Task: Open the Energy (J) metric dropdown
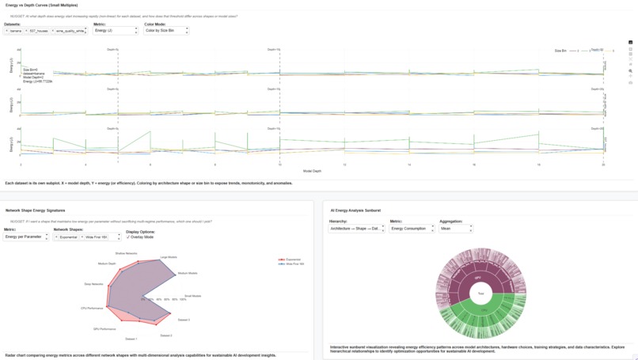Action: point(116,31)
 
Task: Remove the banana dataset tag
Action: point(7,31)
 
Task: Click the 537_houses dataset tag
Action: point(39,31)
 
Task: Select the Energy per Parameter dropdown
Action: point(26,237)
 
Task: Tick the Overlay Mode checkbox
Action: point(128,237)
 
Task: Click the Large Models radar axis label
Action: point(169,257)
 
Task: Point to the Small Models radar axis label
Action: point(192,296)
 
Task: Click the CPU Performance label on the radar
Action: point(92,308)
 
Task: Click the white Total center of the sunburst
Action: point(480,294)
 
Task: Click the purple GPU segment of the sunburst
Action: point(478,278)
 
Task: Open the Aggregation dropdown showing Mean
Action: point(456,229)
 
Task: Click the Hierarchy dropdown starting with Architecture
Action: point(357,229)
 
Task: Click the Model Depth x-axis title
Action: point(312,171)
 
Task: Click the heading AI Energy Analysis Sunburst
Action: point(355,210)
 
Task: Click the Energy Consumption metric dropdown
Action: point(412,229)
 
